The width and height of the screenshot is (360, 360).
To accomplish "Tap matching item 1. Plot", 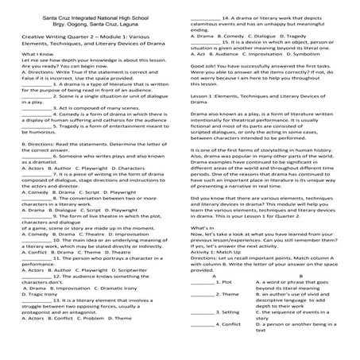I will click(x=222, y=281).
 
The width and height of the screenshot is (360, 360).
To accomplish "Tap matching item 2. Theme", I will click(x=223, y=295).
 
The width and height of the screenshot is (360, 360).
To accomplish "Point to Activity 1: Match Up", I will click(x=224, y=254).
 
